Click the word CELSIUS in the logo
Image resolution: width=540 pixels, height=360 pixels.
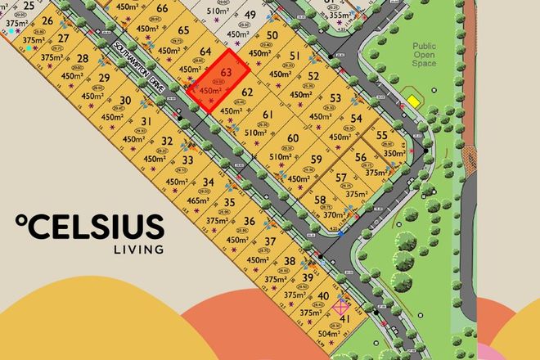click(x=97, y=227)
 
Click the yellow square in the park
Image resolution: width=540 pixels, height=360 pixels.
click(x=414, y=101)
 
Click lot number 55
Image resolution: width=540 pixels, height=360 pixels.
click(x=383, y=136)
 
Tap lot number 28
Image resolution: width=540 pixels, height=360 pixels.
click(x=82, y=59)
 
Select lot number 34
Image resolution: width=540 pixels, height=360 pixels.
click(x=209, y=182)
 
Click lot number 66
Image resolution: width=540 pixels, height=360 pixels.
click(x=162, y=9)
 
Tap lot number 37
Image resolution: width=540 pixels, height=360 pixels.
click(x=269, y=241)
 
